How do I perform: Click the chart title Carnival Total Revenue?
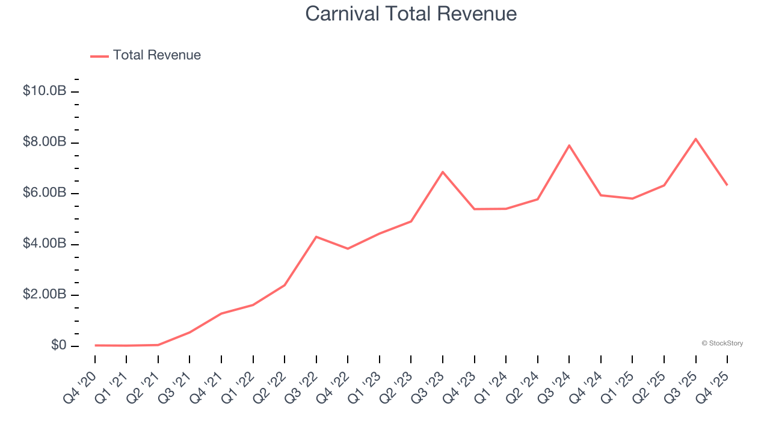pyautogui.click(x=411, y=13)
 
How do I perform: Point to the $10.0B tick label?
pyautogui.click(x=45, y=91)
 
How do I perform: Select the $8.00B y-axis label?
pyautogui.click(x=45, y=143)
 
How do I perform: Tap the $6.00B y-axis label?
pyautogui.click(x=45, y=193)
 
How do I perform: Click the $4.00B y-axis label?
pyautogui.click(x=45, y=244)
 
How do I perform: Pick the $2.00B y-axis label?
pyautogui.click(x=45, y=295)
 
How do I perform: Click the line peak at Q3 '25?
pyautogui.click(x=695, y=139)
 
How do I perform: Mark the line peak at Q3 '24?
pyautogui.click(x=569, y=146)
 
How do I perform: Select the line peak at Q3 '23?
pyautogui.click(x=443, y=172)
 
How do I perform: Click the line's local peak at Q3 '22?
pyautogui.click(x=316, y=237)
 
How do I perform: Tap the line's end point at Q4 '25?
pyautogui.click(x=727, y=185)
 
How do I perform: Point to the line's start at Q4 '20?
pyautogui.click(x=95, y=345)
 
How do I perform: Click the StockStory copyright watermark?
pyautogui.click(x=722, y=343)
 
